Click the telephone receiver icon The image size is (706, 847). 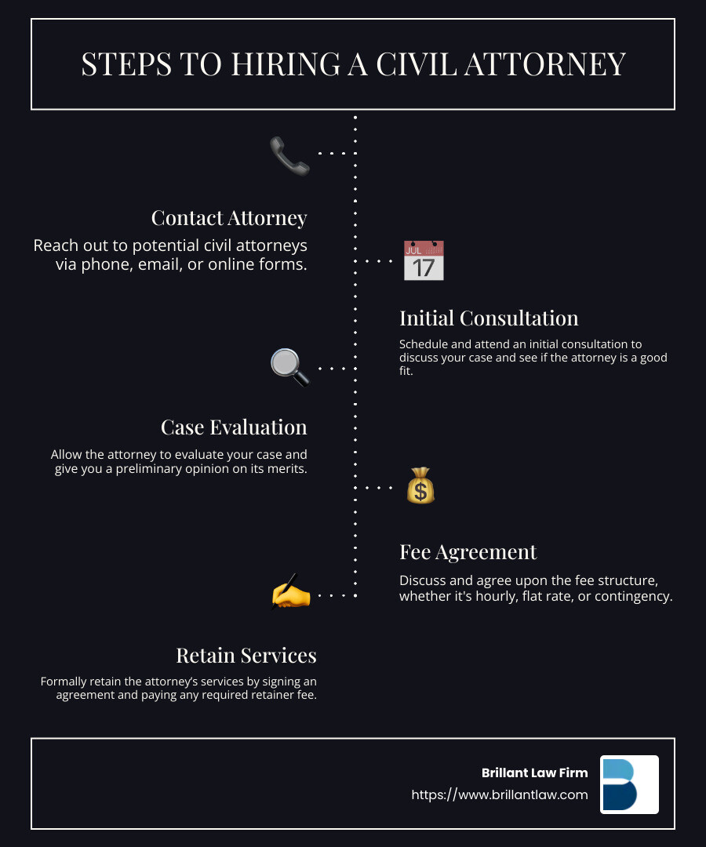point(289,154)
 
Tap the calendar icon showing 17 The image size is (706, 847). point(424,261)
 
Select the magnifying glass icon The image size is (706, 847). point(289,367)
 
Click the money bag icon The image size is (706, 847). point(420,486)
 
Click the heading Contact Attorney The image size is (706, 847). point(229,217)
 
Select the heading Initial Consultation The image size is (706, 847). point(489,318)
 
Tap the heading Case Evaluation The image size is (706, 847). point(234,427)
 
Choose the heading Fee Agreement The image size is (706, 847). point(468,551)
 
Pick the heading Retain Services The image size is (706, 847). point(246,655)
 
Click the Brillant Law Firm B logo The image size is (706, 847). point(629,784)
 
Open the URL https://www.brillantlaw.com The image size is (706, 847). point(500,794)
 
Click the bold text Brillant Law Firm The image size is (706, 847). point(534,772)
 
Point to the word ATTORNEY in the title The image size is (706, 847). point(557,64)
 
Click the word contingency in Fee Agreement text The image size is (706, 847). point(633,596)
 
